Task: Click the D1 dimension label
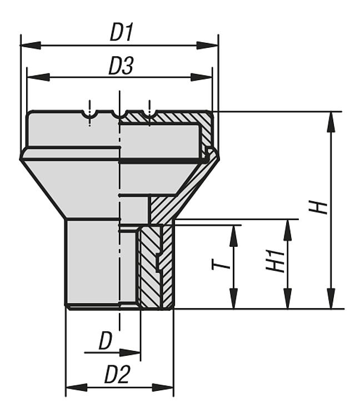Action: [122, 32]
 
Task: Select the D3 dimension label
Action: [121, 66]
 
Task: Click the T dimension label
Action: [221, 265]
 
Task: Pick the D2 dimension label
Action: [117, 375]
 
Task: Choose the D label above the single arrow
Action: [106, 341]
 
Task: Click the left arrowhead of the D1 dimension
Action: [31, 45]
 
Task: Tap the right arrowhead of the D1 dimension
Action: [207, 45]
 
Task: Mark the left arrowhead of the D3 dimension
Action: [38, 77]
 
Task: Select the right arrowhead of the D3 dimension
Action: [202, 77]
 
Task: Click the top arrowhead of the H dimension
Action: [331, 122]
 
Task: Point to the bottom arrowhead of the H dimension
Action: [331, 299]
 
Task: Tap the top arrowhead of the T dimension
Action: [233, 236]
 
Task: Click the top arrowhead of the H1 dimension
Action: [288, 230]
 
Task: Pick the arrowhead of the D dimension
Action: [130, 353]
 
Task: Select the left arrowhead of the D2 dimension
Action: [77, 387]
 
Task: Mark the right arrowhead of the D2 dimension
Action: [163, 387]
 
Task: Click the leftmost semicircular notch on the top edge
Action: [89, 114]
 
